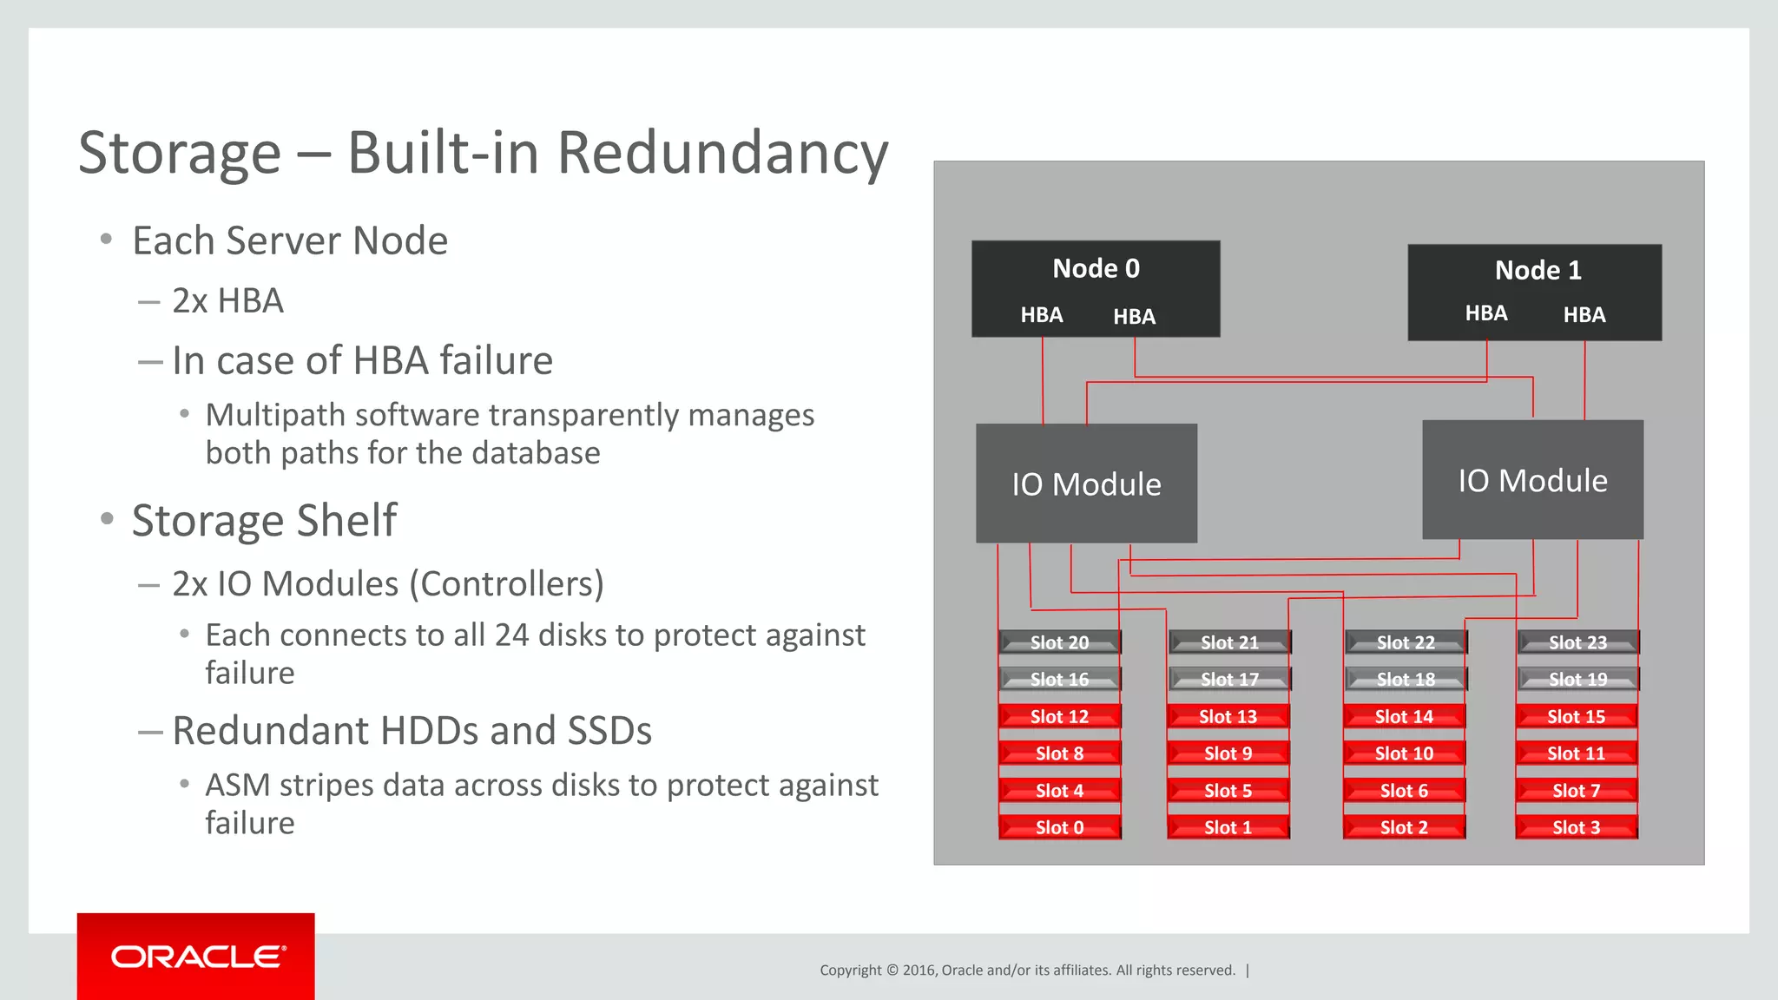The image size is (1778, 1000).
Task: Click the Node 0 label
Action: coord(1096,268)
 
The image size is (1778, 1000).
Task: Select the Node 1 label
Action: coord(1538,270)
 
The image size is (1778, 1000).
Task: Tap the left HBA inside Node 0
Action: coord(1041,315)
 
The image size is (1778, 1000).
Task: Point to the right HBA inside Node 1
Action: coord(1584,315)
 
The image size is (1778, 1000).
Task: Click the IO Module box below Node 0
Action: coord(1086,484)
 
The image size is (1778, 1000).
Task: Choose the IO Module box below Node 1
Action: coord(1532,480)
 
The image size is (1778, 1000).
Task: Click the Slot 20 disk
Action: coord(1059,642)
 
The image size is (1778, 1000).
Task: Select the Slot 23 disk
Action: coord(1577,642)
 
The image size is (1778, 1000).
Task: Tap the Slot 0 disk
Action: coord(1059,827)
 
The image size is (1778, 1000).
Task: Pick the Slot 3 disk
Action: coord(1576,827)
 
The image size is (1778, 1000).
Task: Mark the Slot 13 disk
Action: coord(1228,716)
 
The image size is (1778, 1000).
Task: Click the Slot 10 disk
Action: coord(1404,753)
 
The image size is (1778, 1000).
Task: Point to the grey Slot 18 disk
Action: coord(1406,680)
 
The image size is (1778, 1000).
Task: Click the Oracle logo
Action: coord(197,957)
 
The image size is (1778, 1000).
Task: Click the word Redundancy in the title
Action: coord(722,153)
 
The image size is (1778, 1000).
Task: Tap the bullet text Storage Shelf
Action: coord(264,520)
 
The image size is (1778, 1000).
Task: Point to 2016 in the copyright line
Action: coord(919,970)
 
